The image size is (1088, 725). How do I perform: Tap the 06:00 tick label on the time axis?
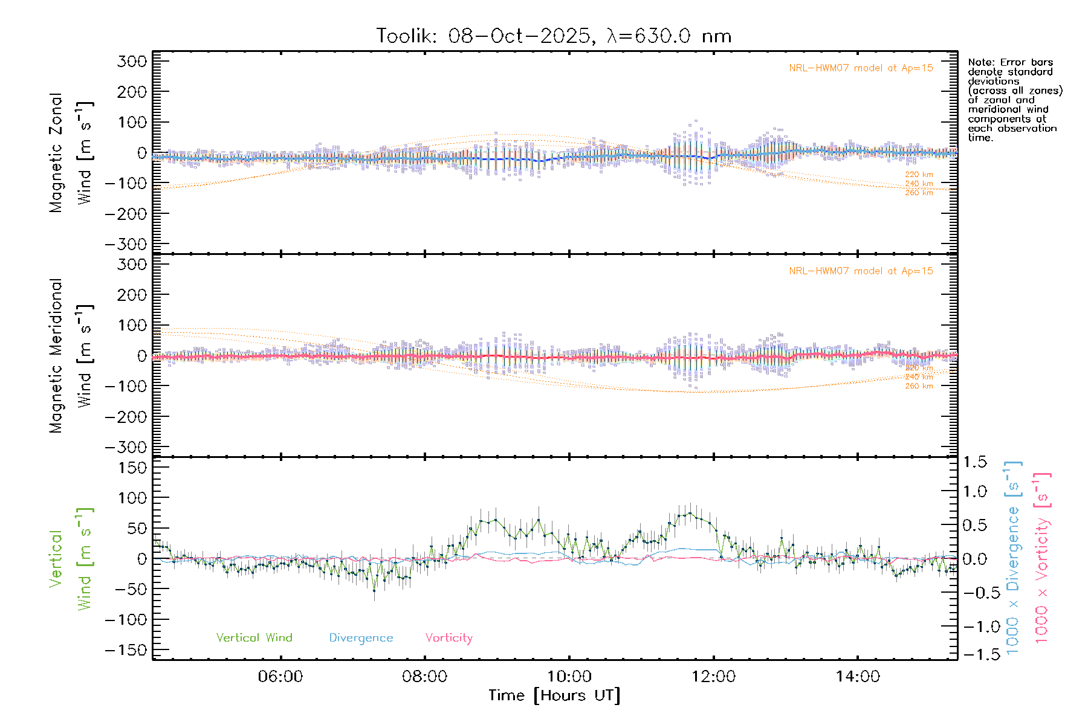point(280,677)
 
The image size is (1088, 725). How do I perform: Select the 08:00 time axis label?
point(425,677)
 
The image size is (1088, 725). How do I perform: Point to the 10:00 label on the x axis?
point(569,677)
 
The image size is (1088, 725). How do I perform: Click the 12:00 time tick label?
point(713,677)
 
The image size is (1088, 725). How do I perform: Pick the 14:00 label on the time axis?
point(858,677)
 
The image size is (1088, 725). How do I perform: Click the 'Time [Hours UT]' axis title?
point(554,696)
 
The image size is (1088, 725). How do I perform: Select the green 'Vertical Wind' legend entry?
point(254,638)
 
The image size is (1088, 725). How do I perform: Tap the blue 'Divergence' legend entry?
point(361,638)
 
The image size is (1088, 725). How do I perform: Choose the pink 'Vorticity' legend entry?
point(448,638)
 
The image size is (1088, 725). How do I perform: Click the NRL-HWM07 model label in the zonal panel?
point(861,68)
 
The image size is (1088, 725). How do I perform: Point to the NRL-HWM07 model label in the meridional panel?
point(861,271)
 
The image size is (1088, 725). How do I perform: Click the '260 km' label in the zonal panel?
point(919,193)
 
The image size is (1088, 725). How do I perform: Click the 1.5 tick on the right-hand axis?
point(974,462)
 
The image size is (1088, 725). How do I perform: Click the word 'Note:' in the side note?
point(982,62)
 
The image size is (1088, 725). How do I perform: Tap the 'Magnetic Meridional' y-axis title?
point(56,356)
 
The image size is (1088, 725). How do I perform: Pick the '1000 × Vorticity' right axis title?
point(1042,558)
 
